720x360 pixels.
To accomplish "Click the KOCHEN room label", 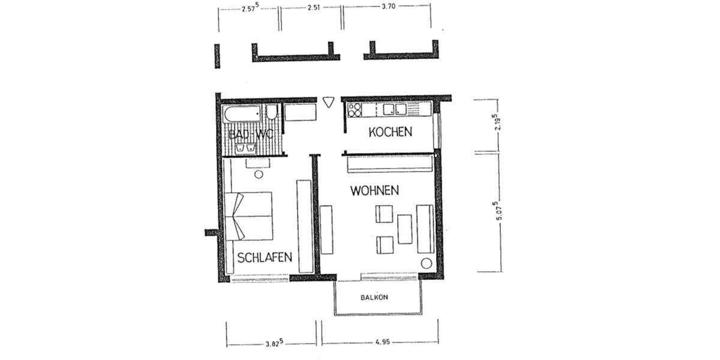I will pos(390,132).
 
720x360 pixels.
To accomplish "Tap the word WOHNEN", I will pos(375,191).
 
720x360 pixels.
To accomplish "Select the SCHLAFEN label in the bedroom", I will pos(265,258).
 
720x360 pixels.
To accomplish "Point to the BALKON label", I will pos(376,298).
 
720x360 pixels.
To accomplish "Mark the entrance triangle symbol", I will pos(328,102).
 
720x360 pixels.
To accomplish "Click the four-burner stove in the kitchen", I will pos(355,109).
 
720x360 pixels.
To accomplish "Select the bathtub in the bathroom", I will pos(242,113).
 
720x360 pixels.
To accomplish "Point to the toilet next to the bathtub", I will pos(272,113).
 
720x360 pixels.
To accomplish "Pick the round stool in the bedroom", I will pos(259,174).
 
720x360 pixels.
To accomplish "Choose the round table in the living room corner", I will pos(427,263).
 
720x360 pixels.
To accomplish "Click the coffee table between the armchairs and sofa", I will pos(405,229).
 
